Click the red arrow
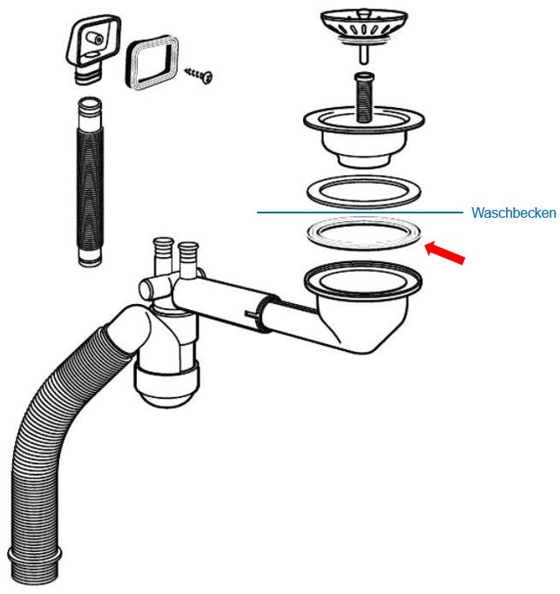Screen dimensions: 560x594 (x=445, y=253)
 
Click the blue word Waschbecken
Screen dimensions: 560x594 (x=513, y=213)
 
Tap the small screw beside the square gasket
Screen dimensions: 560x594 (x=199, y=75)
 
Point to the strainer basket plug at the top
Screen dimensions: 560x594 (x=364, y=25)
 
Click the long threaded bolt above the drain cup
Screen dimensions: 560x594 (x=364, y=97)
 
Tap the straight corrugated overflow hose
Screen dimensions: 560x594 (x=90, y=182)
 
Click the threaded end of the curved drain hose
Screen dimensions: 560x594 (x=33, y=567)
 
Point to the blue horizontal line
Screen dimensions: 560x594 (x=360, y=213)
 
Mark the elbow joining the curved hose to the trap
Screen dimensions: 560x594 (x=129, y=329)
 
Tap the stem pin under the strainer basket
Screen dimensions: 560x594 (x=364, y=55)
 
